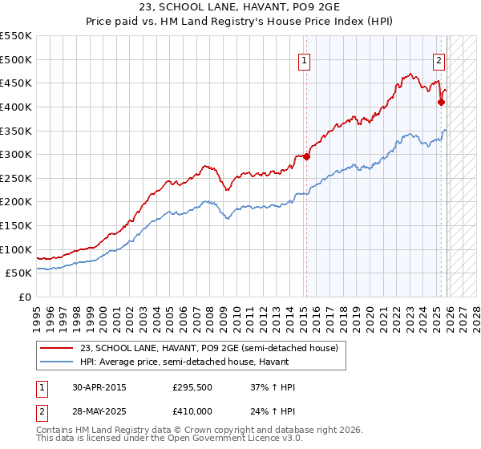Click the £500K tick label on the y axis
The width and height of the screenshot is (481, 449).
coord(15,59)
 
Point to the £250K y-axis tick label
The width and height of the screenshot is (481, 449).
coord(15,178)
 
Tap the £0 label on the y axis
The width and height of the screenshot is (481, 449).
coord(23,297)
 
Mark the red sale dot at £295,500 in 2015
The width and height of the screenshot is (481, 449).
coord(305,157)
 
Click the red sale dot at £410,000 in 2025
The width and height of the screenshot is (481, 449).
coord(441,103)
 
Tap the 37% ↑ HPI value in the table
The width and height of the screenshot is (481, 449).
coord(273,387)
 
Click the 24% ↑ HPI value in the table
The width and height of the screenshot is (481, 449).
coord(273,411)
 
